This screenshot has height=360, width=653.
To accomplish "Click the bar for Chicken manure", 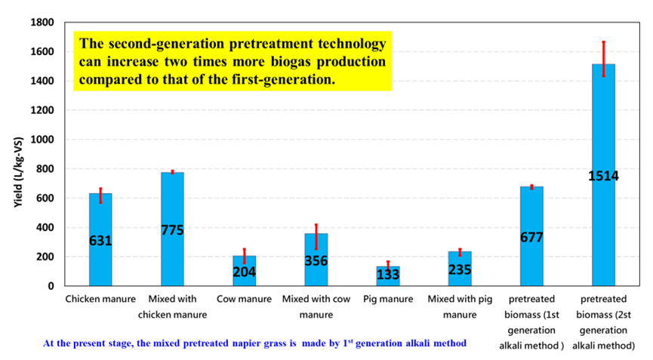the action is point(100,239).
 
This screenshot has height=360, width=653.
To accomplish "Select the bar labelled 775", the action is point(172,229).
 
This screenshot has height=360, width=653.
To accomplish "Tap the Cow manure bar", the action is point(245,271).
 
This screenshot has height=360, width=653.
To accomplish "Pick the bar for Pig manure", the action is point(388,276).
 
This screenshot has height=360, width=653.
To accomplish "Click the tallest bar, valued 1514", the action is point(603,175).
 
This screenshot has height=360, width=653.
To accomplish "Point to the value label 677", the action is point(531,237).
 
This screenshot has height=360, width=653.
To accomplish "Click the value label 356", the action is point(316,260).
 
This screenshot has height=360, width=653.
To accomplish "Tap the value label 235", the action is point(460,269).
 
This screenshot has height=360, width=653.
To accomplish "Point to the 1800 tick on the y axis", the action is point(42,22).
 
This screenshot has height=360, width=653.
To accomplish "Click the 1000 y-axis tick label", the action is point(42,140).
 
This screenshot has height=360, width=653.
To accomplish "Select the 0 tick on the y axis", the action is point(51,286).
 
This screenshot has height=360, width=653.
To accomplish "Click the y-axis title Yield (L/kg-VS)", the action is point(18,172).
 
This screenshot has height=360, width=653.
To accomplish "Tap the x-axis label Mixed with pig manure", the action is point(460,306).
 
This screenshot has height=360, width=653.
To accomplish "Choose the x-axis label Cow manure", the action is point(244,299).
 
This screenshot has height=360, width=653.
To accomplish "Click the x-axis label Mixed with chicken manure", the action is point(172,306).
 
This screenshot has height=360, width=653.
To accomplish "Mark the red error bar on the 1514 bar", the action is point(603,59).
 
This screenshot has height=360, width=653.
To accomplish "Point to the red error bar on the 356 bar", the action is point(316,237).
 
